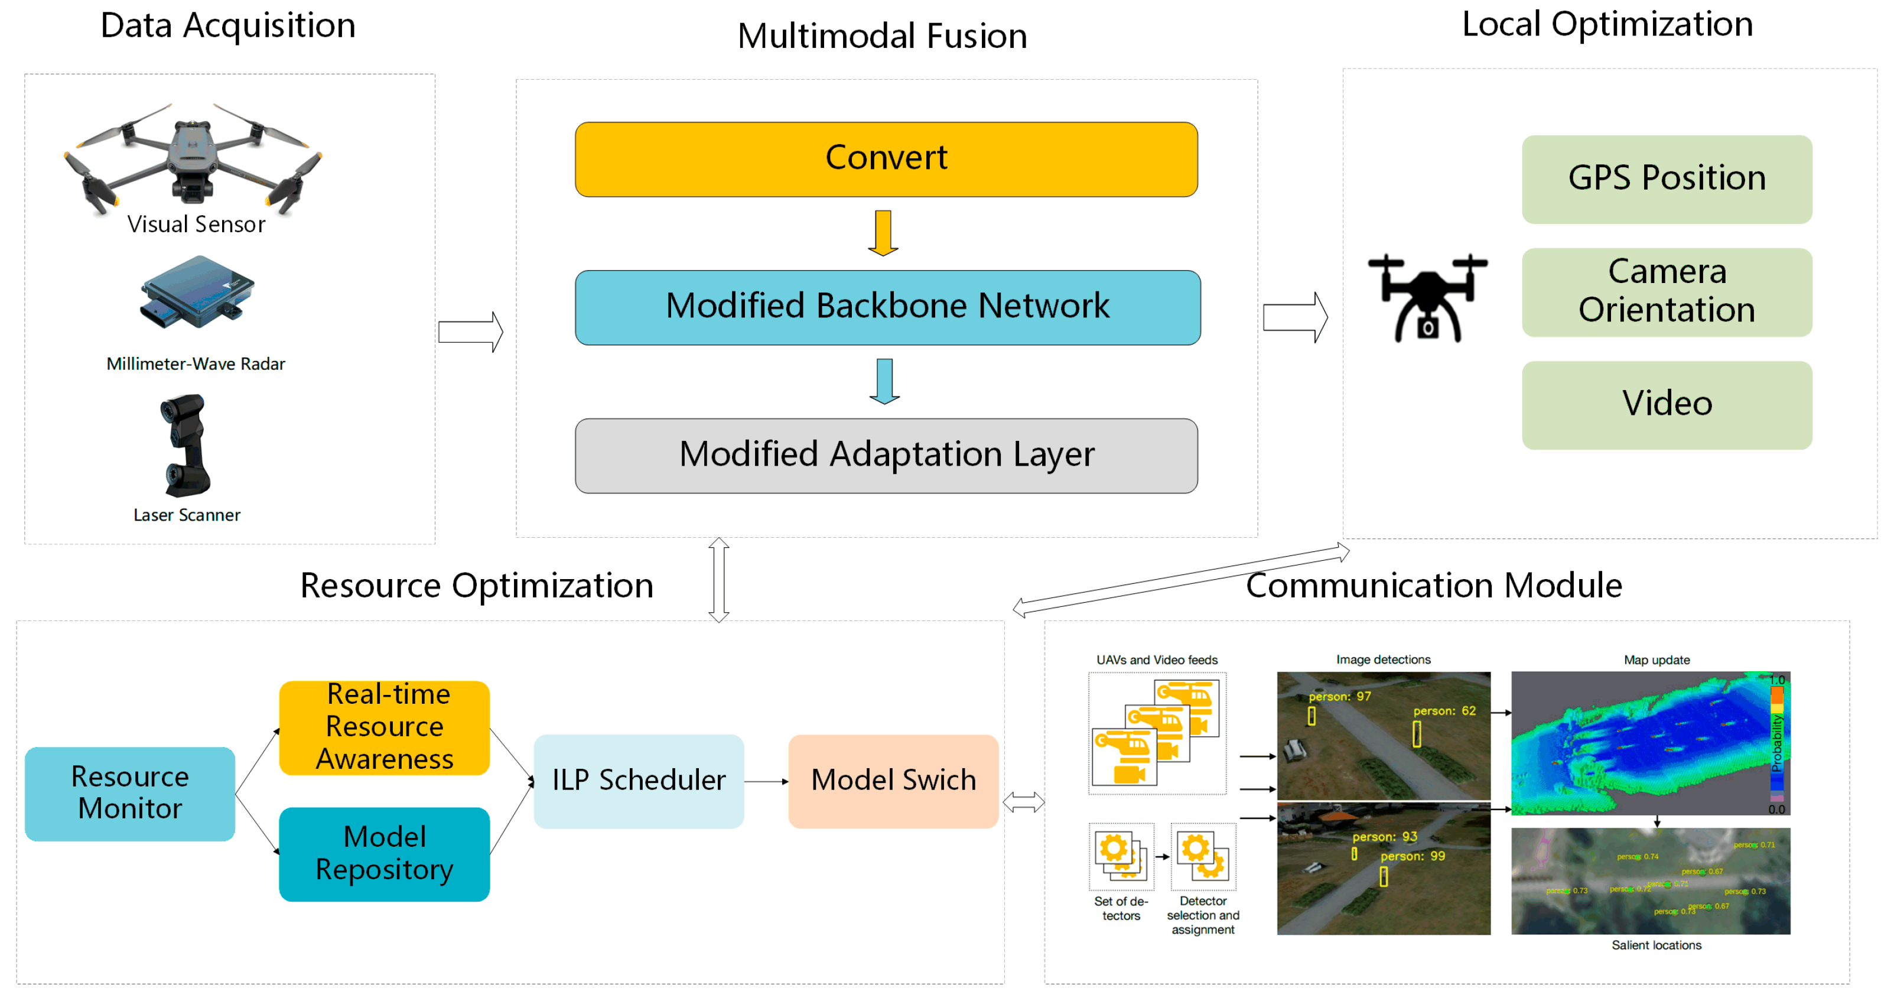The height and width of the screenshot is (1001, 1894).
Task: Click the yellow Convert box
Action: click(886, 159)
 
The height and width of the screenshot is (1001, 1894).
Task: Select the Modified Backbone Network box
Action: click(887, 307)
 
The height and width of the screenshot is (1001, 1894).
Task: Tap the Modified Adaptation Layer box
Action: click(886, 455)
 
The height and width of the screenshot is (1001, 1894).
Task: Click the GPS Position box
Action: click(1666, 178)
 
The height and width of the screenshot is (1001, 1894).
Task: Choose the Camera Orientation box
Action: click(1666, 291)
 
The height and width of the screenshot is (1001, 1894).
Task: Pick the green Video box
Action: click(1666, 405)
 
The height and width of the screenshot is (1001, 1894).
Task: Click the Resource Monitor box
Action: click(129, 793)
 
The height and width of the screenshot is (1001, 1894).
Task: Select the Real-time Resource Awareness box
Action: click(384, 727)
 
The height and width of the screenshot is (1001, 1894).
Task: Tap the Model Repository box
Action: click(384, 853)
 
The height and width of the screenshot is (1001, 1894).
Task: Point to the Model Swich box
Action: click(893, 781)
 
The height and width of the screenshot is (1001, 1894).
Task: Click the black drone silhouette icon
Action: click(1427, 297)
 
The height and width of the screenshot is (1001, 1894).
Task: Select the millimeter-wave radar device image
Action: click(197, 292)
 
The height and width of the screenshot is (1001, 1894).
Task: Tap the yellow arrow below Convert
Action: click(883, 232)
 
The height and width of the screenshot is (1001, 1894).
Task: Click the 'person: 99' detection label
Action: click(1413, 856)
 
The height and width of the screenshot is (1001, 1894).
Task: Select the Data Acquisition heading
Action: click(228, 26)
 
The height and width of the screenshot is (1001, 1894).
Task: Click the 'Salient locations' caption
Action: click(1656, 944)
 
